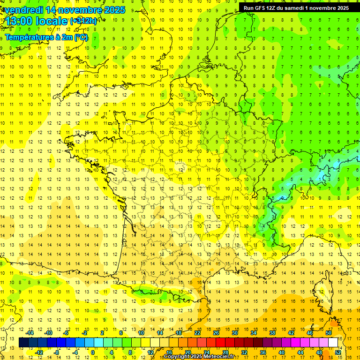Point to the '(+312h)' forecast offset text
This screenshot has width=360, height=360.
coord(83,21)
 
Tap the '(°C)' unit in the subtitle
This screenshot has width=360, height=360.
coord(80,37)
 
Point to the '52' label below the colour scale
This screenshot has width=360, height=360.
coord(338,352)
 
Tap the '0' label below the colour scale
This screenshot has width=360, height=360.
coord(92,352)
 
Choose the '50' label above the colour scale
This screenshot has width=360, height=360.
coord(328,333)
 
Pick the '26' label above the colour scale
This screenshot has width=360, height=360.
coord(216,333)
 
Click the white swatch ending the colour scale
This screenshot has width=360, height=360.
coord(333,343)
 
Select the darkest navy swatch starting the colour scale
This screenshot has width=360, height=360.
coord(24,343)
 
